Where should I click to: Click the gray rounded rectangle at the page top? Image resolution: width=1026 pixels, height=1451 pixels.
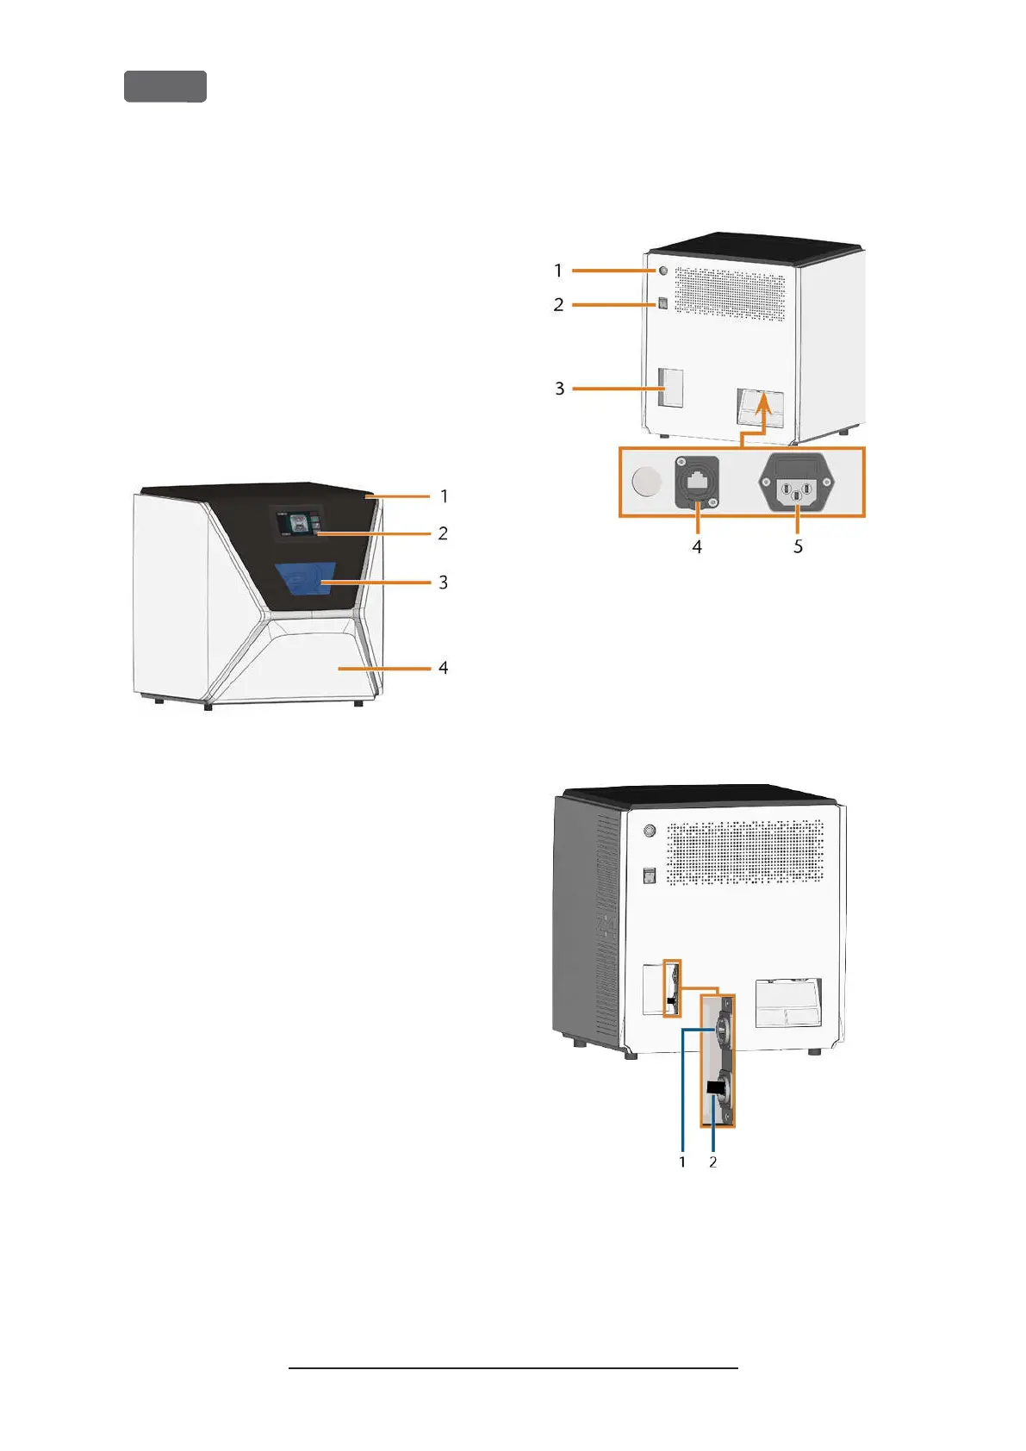pos(165,87)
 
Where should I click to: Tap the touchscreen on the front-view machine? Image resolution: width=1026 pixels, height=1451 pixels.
pos(297,523)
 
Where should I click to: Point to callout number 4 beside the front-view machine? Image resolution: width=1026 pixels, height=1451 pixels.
pos(443,668)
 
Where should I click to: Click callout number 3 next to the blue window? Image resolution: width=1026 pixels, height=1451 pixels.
pos(443,582)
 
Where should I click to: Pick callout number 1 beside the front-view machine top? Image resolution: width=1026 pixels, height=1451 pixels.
pos(444,496)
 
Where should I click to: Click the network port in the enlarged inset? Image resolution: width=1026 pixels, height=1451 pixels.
pos(696,483)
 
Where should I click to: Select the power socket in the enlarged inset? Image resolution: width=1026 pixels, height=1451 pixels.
pos(798,482)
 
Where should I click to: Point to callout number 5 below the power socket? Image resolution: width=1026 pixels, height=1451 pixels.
pos(798,546)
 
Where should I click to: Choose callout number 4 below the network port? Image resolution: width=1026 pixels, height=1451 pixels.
pos(697,546)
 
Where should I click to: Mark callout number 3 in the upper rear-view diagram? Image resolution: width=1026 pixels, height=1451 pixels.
pos(559,389)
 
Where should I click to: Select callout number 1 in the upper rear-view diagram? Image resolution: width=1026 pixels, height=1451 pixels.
pos(558,271)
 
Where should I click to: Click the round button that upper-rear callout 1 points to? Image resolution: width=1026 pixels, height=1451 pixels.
pos(662,270)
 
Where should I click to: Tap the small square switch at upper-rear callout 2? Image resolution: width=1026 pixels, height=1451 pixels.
pos(662,303)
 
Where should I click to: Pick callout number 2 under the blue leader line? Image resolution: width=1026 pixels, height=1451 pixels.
pos(712,1161)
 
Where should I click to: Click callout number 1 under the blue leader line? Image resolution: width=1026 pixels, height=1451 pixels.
pos(682,1161)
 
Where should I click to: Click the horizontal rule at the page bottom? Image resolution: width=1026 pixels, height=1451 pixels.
pos(513,1367)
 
